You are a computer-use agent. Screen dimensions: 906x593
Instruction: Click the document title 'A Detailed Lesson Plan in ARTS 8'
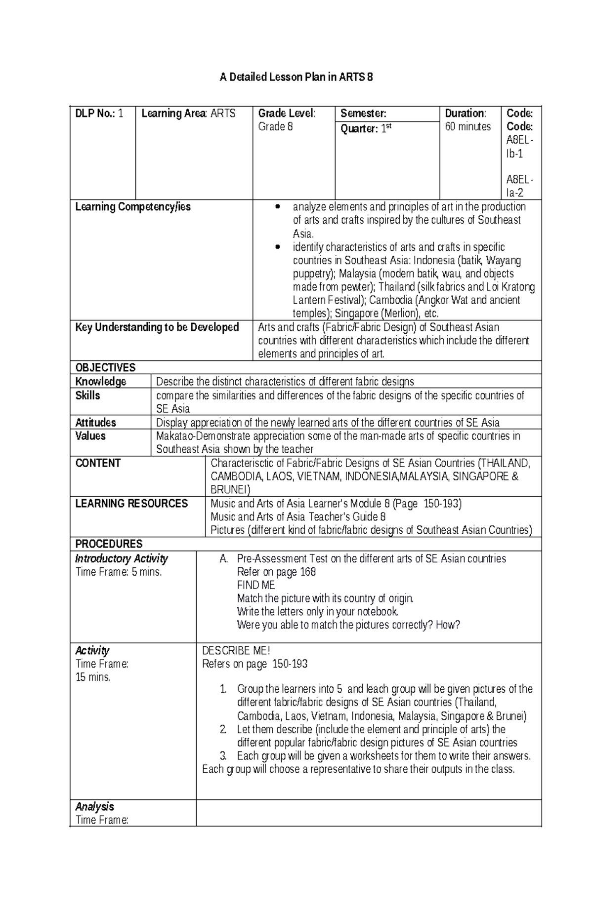(x=296, y=77)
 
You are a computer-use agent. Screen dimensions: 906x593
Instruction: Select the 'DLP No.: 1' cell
(x=99, y=114)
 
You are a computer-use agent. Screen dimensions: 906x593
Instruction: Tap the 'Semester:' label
(x=363, y=114)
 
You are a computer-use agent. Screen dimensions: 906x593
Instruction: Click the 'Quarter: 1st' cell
(x=366, y=128)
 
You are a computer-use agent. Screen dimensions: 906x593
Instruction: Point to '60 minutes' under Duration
(x=468, y=127)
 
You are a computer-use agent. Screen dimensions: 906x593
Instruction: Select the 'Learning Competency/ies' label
(x=133, y=207)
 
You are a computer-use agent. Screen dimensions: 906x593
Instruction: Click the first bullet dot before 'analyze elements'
(x=280, y=207)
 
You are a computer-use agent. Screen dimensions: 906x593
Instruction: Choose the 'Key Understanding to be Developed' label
(x=157, y=327)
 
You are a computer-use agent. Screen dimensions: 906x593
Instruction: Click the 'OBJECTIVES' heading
(x=105, y=368)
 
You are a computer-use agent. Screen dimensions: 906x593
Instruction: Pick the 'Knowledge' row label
(x=101, y=382)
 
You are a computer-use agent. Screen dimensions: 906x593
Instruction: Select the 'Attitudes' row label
(x=96, y=423)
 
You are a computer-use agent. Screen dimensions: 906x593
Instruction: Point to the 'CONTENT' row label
(x=98, y=463)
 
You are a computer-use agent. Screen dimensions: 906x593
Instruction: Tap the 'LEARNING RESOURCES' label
(x=131, y=504)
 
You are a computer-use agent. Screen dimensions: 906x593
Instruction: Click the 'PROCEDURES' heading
(x=109, y=544)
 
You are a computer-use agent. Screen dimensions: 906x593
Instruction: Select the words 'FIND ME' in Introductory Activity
(x=256, y=585)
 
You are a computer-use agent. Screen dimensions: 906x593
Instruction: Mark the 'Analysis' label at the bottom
(x=94, y=807)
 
